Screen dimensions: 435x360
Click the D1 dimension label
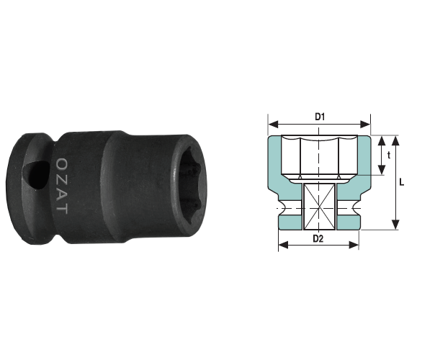(x=320, y=117)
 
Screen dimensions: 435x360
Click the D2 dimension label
(x=318, y=238)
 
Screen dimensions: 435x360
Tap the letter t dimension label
(x=389, y=156)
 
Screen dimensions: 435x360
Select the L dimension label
(x=401, y=182)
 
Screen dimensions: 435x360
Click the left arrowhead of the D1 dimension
(x=274, y=125)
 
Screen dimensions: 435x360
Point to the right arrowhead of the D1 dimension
(x=365, y=125)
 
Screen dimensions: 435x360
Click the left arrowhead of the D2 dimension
(x=284, y=245)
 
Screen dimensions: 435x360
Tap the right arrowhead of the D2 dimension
(x=354, y=245)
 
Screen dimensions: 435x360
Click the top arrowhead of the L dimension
(x=395, y=140)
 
